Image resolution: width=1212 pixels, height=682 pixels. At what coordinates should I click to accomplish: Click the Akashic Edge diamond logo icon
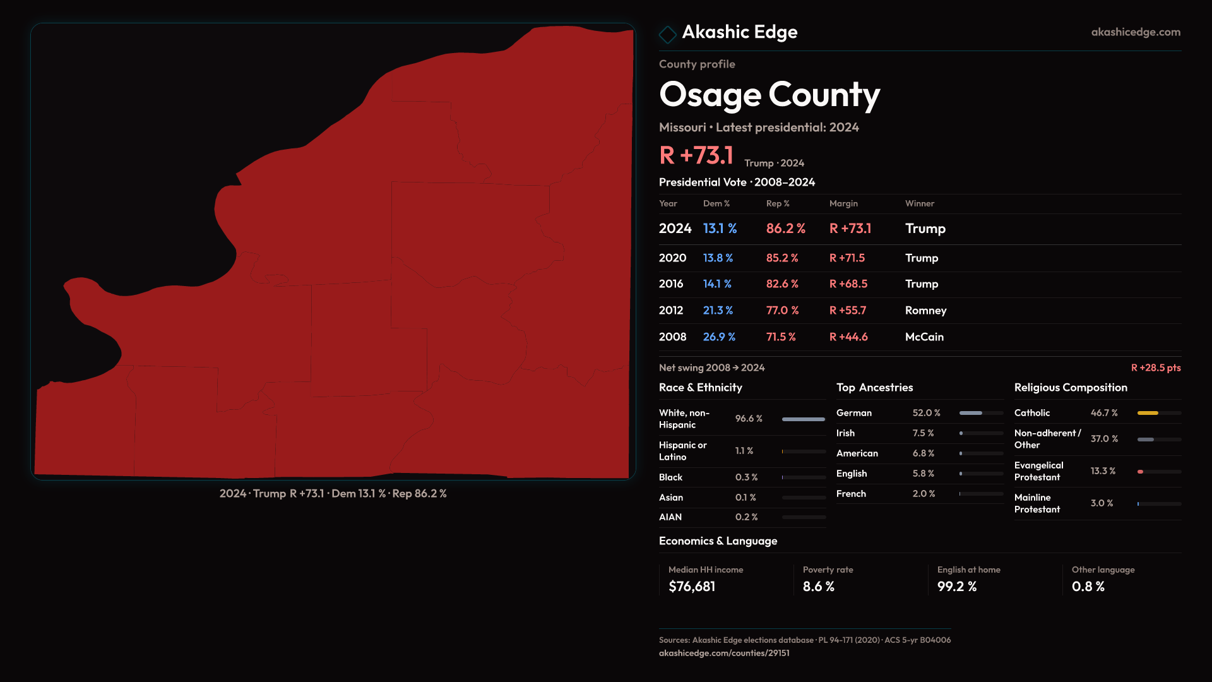(667, 34)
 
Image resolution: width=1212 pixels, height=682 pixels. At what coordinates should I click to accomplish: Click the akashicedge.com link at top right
(1135, 32)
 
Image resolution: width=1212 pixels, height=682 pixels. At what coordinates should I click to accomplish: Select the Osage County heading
(769, 95)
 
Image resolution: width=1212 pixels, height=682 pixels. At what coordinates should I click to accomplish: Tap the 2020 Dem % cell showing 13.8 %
(718, 258)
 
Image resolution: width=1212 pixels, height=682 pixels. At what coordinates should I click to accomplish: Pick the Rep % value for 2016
(781, 284)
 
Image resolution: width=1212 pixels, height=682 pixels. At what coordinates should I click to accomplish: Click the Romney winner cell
(925, 311)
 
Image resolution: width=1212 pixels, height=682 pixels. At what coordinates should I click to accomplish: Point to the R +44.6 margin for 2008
(848, 337)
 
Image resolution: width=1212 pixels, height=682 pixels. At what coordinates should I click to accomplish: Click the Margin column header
(843, 203)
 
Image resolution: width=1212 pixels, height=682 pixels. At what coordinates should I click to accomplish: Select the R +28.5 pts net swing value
(1155, 368)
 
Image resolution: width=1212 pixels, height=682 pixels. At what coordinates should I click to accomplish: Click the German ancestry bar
(980, 413)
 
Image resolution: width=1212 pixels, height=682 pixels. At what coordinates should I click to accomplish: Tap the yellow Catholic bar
(1148, 413)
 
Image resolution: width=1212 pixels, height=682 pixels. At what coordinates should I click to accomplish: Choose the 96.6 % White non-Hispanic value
(749, 419)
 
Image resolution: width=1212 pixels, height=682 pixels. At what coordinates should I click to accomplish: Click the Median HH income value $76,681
(692, 587)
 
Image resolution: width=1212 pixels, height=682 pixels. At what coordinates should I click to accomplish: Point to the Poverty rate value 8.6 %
(818, 587)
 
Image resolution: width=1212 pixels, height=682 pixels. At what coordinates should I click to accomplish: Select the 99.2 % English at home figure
(956, 587)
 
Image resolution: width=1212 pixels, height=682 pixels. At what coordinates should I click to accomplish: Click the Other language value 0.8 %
(1088, 587)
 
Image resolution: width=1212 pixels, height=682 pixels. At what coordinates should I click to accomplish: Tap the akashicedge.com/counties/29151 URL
(724, 653)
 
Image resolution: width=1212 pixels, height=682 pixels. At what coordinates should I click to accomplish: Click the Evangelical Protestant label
(1038, 471)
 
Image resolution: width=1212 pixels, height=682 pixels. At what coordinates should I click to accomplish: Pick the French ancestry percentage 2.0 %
(924, 494)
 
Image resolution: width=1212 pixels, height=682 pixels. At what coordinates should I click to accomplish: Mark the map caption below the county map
(333, 494)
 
